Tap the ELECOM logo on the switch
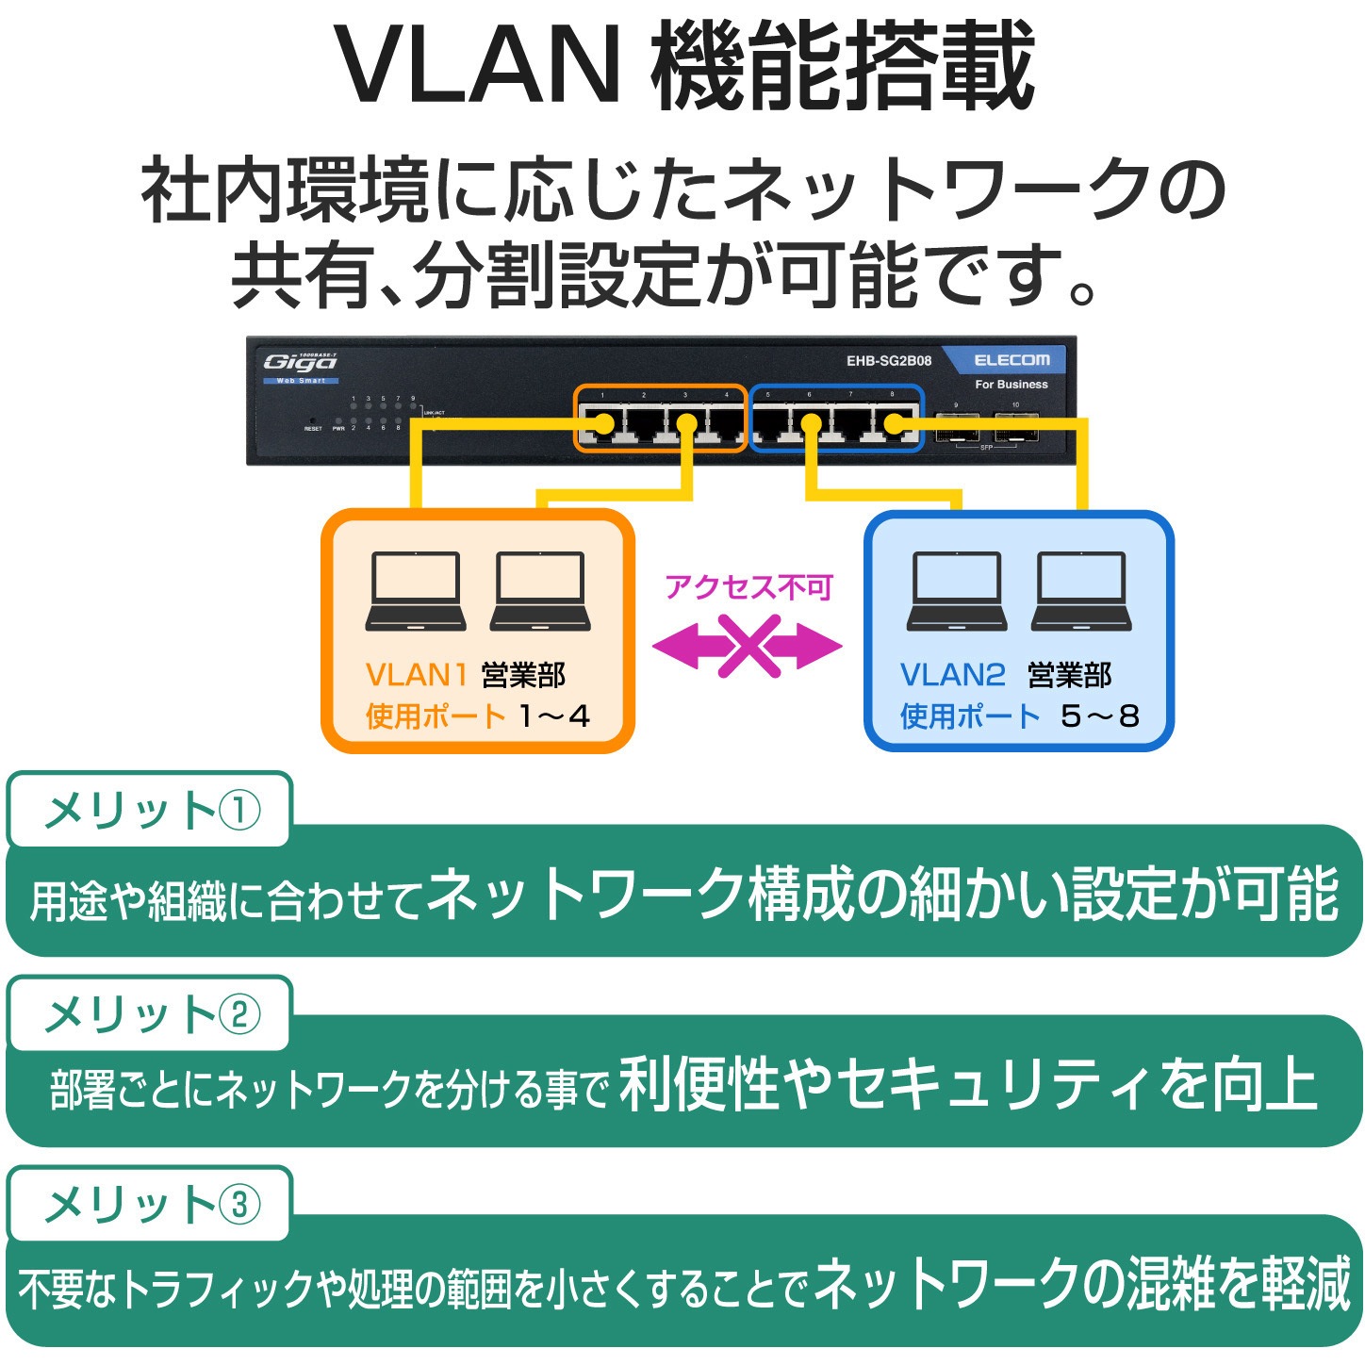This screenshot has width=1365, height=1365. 1011,360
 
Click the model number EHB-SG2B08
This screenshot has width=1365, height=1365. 888,361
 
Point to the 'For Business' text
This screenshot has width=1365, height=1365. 1011,385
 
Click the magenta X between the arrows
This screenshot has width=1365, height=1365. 748,647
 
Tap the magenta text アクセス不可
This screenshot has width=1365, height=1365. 748,587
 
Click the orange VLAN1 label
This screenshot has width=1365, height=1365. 416,675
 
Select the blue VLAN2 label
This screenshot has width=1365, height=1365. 952,675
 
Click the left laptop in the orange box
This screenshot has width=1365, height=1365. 416,591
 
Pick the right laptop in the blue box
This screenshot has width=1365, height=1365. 1080,591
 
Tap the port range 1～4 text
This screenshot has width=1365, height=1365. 554,716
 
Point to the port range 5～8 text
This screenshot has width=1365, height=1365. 1099,716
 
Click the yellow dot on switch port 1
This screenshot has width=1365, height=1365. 604,424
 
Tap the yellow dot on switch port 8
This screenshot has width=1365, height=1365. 892,424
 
